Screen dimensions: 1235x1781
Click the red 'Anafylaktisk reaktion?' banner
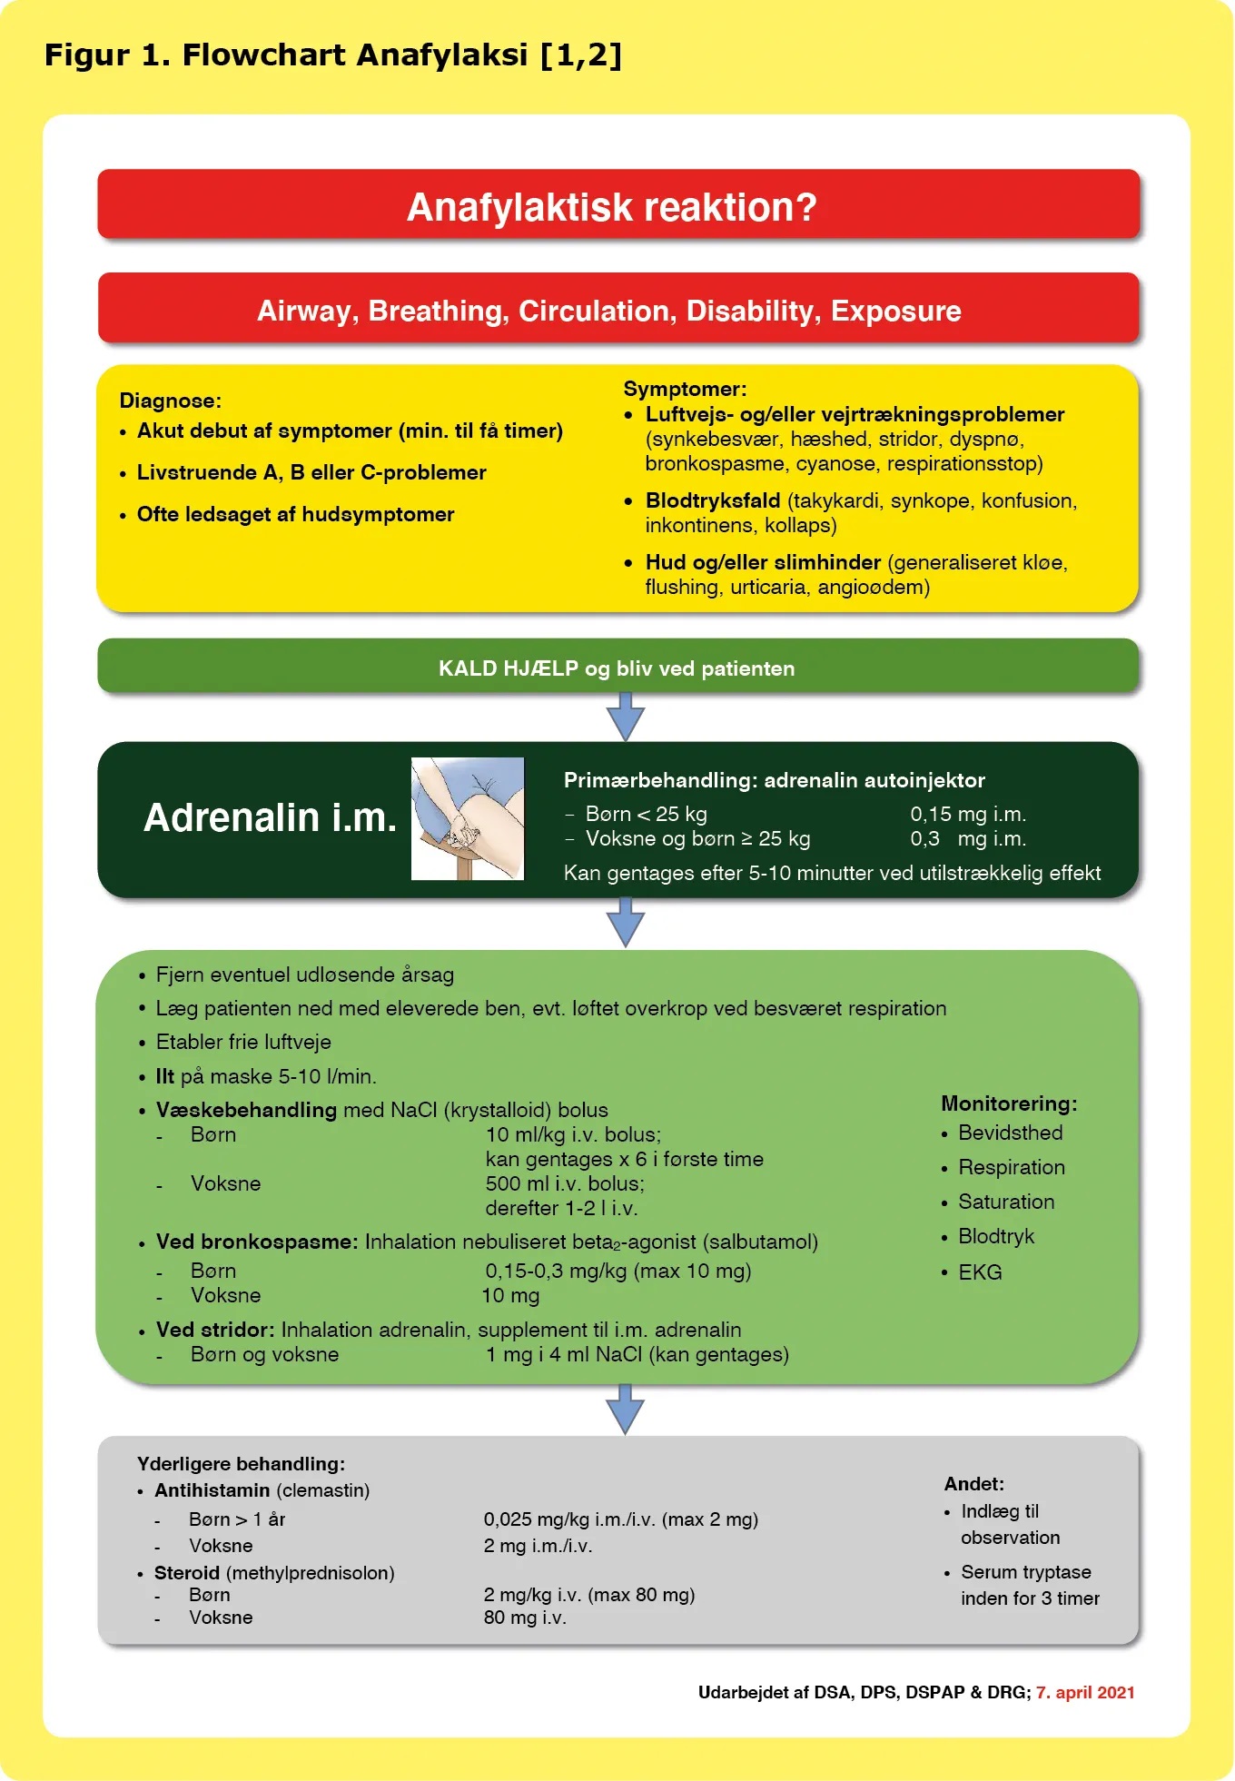click(618, 204)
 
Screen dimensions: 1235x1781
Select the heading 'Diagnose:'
click(171, 401)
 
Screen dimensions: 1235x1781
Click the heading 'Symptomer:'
click(685, 389)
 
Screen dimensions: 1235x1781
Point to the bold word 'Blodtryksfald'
click(713, 500)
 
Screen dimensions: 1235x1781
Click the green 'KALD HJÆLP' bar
click(618, 667)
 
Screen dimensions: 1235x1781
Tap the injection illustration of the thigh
click(468, 818)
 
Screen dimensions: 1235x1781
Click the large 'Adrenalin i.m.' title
click(270, 817)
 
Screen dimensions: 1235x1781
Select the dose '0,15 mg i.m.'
click(968, 814)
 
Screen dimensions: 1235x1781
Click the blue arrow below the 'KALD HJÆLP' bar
click(626, 717)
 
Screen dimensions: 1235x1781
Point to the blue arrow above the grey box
click(626, 1410)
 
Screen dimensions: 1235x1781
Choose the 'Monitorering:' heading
click(1009, 1103)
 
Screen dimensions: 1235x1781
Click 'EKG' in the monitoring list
click(980, 1272)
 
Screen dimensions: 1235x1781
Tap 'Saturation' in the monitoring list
click(1006, 1202)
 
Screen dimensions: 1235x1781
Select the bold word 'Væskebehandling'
click(246, 1110)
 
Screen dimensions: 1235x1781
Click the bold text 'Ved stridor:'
click(215, 1330)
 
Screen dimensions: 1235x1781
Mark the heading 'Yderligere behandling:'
click(241, 1463)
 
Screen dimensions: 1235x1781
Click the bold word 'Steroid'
click(187, 1572)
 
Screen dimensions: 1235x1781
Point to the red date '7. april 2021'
click(1086, 1692)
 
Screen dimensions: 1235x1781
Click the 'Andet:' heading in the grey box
click(974, 1483)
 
